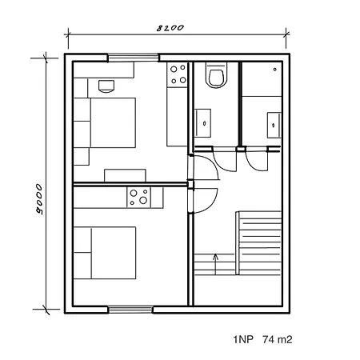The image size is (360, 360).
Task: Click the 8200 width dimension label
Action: pos(170,28)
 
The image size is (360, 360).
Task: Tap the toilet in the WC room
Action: pos(217,75)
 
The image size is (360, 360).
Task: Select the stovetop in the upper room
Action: pos(178,74)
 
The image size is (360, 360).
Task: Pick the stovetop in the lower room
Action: pos(139,198)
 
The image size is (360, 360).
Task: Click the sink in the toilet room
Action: pos(202,123)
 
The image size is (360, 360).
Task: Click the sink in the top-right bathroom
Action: pos(274,125)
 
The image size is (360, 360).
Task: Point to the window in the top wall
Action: pos(133,58)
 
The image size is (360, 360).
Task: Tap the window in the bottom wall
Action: pos(130,310)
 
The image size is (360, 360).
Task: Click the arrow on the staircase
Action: pos(215,264)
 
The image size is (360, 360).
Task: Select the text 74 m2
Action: pos(277,339)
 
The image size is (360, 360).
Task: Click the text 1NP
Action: pos(243,339)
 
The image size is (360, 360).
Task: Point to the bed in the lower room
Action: pos(105,253)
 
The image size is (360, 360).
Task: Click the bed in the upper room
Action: pos(105,122)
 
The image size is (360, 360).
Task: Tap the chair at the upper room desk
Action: pos(106,86)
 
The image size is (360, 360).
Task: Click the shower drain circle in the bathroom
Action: pos(274,70)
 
